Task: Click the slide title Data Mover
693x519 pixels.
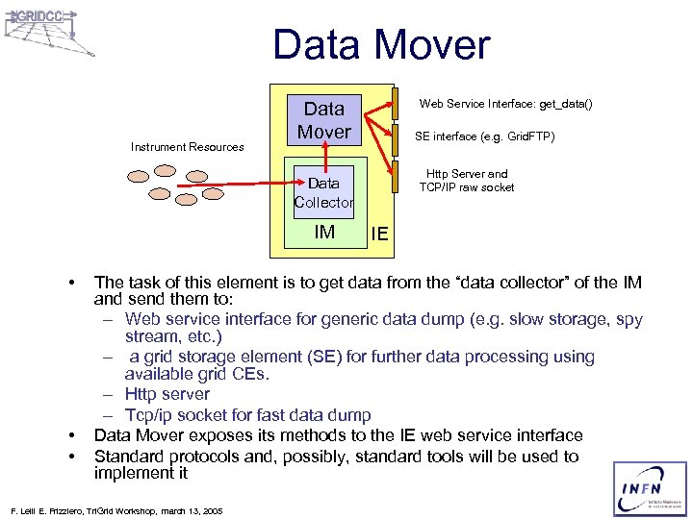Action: click(x=381, y=45)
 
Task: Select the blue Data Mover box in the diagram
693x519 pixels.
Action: click(x=324, y=119)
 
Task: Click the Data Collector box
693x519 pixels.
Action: click(x=324, y=192)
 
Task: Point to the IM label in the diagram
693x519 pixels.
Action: click(x=324, y=232)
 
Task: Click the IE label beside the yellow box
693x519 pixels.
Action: click(x=379, y=235)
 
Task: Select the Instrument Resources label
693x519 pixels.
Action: click(x=188, y=147)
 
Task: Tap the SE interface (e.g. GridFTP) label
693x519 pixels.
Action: click(x=484, y=136)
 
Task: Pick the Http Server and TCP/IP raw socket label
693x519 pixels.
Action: click(x=467, y=181)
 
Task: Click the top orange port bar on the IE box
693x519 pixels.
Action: click(x=394, y=101)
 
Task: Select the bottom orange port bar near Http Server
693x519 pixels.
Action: click(x=394, y=177)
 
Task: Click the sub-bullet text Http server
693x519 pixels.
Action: click(x=167, y=394)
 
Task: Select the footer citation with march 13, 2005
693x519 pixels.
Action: click(x=115, y=510)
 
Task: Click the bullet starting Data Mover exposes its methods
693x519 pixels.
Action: click(x=338, y=435)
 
